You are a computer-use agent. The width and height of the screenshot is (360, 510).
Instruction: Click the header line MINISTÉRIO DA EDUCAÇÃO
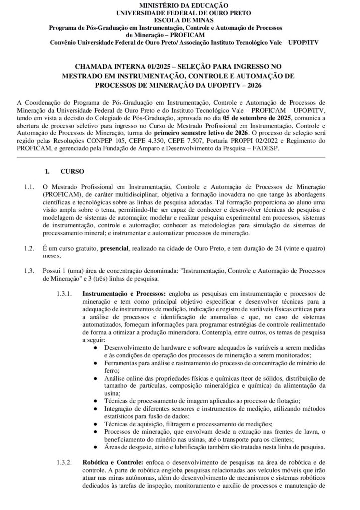(x=180, y=4)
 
